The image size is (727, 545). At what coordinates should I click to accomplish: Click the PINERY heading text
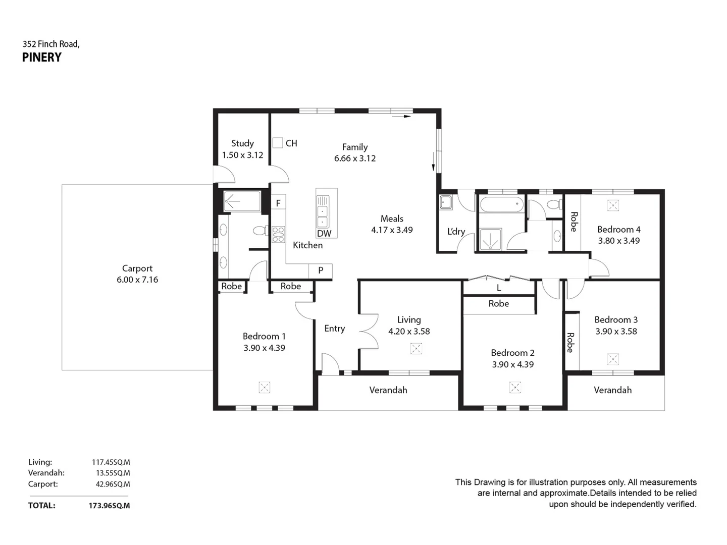pos(42,58)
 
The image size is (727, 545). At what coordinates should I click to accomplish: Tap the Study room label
pos(242,143)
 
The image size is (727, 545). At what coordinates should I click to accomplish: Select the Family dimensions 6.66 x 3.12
pos(355,158)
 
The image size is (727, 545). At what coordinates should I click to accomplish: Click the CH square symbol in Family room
pos(278,143)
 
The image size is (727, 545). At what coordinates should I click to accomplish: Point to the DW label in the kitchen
pos(324,233)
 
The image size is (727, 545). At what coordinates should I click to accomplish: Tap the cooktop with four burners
pos(278,235)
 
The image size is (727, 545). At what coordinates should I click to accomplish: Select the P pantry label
pos(321,270)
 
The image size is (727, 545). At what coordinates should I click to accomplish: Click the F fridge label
pos(278,203)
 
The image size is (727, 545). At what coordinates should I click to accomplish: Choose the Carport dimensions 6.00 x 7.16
pos(137,280)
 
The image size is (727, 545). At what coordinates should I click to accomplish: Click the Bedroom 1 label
pos(264,336)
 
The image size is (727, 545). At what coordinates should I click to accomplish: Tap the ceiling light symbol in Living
pos(416,349)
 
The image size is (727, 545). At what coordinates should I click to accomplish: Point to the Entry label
pos(334,329)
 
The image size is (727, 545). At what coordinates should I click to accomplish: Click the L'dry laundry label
pos(456,232)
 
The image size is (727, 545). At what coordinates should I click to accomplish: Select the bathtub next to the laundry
pos(501,205)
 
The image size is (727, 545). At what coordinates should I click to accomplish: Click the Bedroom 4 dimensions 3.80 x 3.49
pos(618,241)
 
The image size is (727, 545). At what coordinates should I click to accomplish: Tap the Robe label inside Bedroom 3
pos(570,342)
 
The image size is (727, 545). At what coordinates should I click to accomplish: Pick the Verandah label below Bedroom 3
pos(612,390)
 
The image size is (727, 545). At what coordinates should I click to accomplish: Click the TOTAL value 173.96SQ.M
pos(109,506)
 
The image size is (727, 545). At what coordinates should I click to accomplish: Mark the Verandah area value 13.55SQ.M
pos(113,473)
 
